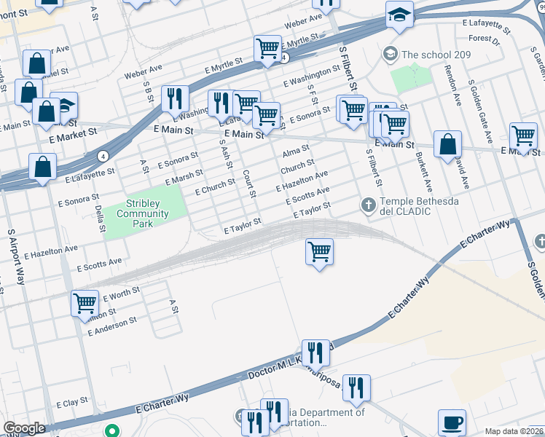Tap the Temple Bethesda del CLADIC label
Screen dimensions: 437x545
(x=416, y=206)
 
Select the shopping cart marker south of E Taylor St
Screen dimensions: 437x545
(x=319, y=253)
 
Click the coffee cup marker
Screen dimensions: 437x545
(x=452, y=422)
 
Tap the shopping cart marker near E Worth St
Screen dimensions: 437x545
(x=85, y=303)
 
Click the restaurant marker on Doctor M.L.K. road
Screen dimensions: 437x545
(x=315, y=353)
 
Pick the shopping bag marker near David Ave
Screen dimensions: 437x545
(x=447, y=144)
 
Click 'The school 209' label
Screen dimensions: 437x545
(x=436, y=55)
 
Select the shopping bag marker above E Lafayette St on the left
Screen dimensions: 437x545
(x=44, y=167)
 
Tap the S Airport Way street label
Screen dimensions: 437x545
(x=12, y=256)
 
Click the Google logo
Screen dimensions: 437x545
(x=24, y=428)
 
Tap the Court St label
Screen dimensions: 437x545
(x=249, y=184)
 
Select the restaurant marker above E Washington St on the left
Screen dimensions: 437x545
(x=175, y=98)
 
